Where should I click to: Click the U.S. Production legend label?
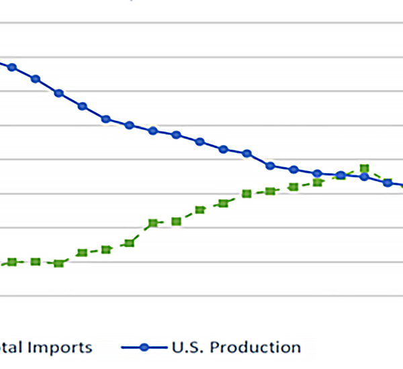click(236, 347)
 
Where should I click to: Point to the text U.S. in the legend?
click(189, 347)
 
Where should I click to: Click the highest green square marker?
click(364, 168)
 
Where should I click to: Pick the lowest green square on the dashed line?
click(59, 264)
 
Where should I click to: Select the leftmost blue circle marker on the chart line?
click(12, 67)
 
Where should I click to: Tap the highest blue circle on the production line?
click(12, 67)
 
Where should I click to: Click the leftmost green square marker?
click(12, 262)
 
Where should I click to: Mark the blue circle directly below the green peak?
click(364, 176)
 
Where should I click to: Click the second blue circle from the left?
click(36, 78)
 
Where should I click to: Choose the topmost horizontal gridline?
click(201, 23)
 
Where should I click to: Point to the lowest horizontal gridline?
click(201, 295)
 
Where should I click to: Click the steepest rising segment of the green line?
click(141, 232)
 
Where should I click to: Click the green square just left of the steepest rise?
click(130, 243)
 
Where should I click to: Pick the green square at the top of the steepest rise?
click(152, 223)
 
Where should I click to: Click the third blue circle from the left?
click(59, 93)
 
